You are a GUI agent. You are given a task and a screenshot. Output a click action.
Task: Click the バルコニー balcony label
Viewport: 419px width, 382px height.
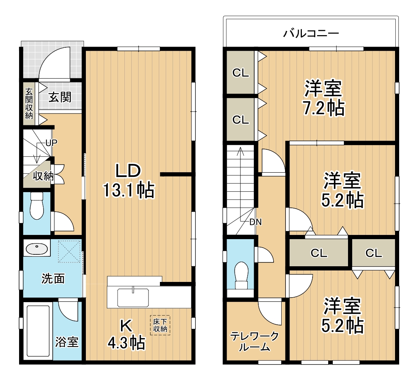tap(311, 33)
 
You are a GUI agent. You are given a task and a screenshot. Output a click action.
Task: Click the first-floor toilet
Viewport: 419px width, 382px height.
tap(37, 206)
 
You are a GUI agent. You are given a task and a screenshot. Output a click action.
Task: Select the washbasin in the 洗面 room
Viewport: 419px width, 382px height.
tap(37, 249)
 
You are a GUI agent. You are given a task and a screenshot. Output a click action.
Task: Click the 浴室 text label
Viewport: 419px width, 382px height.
tap(67, 342)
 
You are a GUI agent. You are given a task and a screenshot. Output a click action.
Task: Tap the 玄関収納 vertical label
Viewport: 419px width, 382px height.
tap(29, 104)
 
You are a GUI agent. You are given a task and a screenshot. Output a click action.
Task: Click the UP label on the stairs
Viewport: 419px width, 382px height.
tap(51, 143)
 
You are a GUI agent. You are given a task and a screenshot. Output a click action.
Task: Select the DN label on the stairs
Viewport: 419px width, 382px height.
tap(255, 222)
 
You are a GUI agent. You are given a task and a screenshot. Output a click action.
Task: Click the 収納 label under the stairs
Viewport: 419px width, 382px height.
tap(43, 176)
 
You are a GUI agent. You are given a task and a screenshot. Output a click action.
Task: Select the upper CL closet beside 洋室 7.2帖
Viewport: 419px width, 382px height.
tap(240, 73)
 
